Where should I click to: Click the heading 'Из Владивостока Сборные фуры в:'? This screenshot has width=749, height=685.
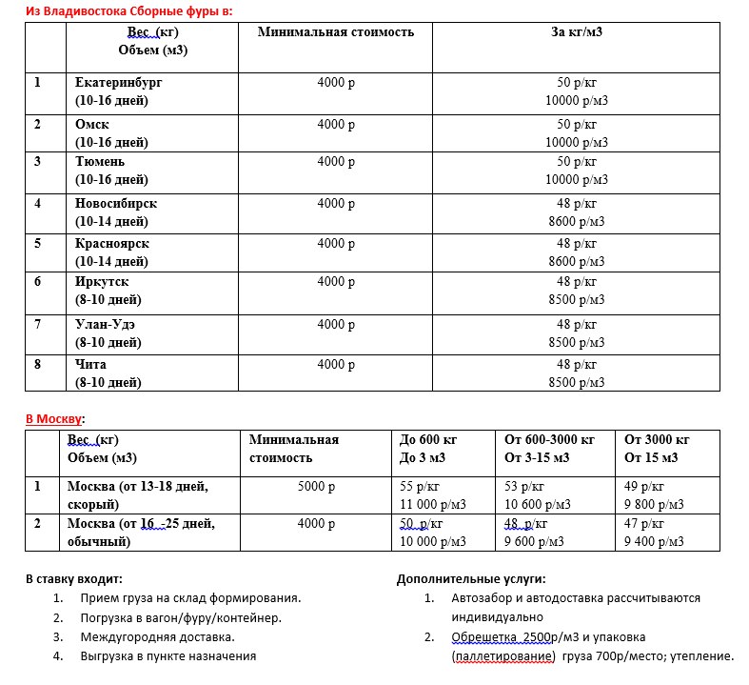pos(128,10)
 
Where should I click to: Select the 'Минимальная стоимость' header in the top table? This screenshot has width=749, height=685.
pos(336,32)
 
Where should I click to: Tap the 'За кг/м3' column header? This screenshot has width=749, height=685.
pos(577,32)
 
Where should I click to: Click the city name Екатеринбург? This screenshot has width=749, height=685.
pos(118,83)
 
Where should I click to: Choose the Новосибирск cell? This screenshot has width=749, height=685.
pos(115,204)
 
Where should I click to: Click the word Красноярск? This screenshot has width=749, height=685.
pos(111,244)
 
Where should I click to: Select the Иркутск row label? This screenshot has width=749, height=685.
pos(101,283)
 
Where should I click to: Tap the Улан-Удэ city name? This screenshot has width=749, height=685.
pos(105,324)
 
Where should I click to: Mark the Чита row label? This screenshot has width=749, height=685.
pos(90,364)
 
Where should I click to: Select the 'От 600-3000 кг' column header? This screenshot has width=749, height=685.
pos(549,440)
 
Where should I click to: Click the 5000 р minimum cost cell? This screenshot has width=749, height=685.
pos(317,486)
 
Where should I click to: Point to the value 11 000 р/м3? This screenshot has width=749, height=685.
pos(432,503)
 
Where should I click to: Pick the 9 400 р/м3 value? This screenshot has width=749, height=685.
pos(654,541)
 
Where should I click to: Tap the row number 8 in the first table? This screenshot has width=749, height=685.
pos(38,364)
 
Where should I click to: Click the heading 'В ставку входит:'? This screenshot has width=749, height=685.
pos(73,578)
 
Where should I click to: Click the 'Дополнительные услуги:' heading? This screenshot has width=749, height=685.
pos(470,578)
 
